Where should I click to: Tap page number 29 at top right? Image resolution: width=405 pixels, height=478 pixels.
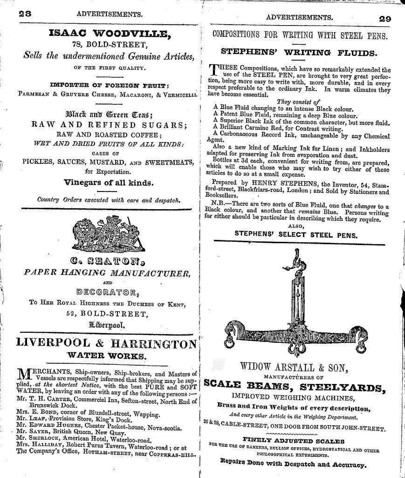384,19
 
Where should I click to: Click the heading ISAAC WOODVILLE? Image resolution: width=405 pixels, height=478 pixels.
110,33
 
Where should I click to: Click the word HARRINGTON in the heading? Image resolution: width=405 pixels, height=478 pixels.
153,343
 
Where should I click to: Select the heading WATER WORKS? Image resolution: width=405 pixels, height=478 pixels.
107,356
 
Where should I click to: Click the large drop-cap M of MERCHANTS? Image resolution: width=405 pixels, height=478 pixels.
24,374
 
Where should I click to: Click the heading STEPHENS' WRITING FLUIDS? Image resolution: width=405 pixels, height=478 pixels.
299,53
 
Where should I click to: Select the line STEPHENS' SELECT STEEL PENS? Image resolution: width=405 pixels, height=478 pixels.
296,235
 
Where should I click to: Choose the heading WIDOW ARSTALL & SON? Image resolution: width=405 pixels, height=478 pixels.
294,368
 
